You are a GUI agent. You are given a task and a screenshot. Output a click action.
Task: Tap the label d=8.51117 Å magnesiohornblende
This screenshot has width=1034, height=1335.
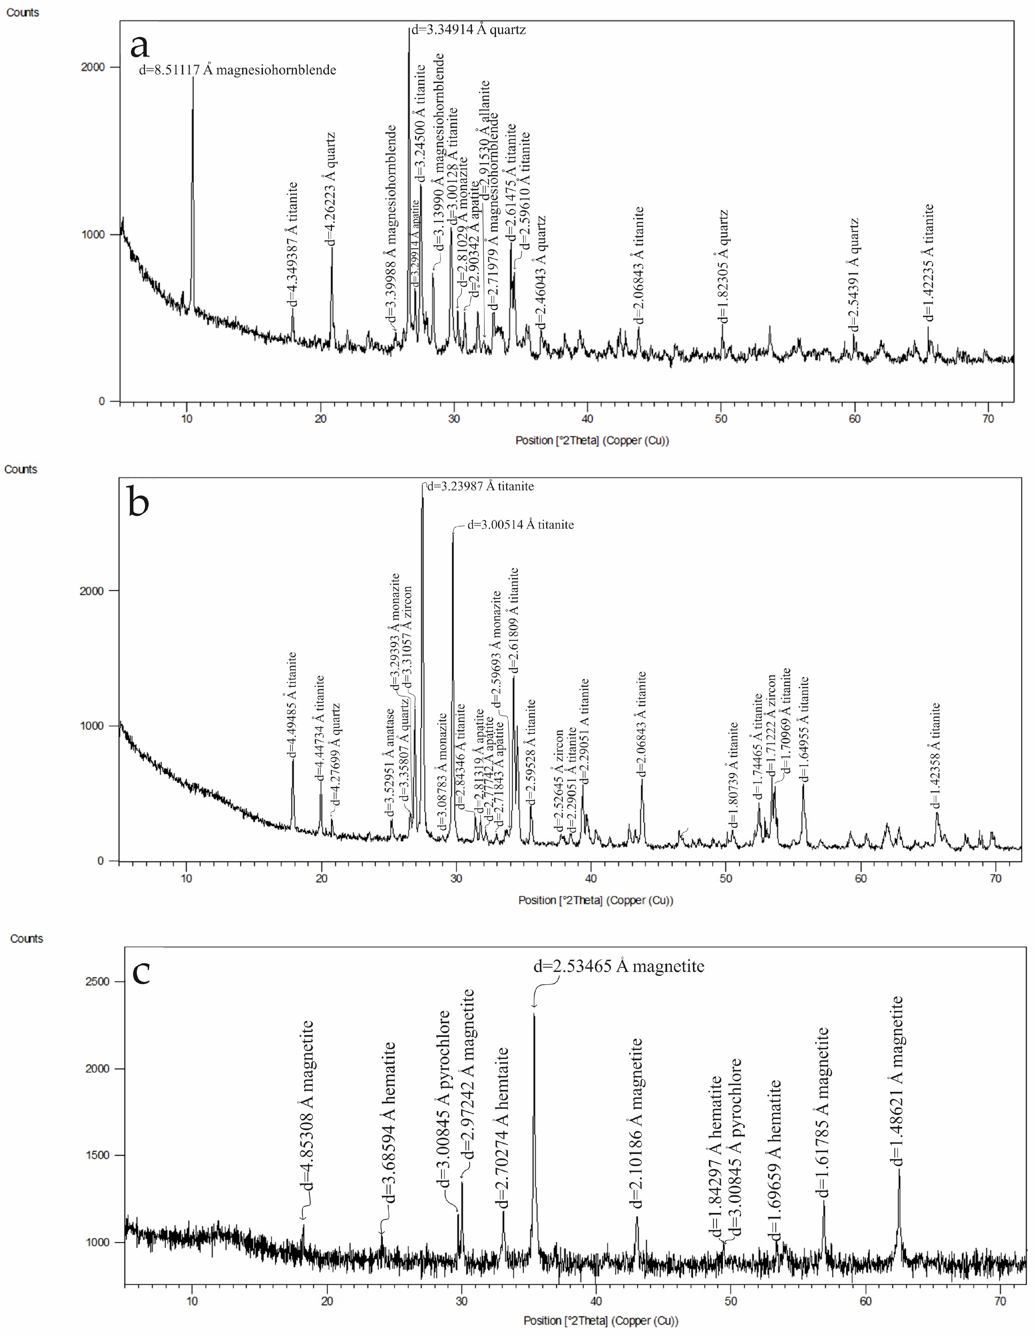tap(237, 70)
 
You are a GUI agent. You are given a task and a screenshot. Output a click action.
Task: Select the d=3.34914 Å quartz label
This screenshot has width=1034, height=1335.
tap(468, 29)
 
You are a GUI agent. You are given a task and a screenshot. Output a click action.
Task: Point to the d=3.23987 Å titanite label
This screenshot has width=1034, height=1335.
tap(480, 487)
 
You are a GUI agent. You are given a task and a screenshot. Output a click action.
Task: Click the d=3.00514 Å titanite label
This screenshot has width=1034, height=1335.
tap(520, 524)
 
